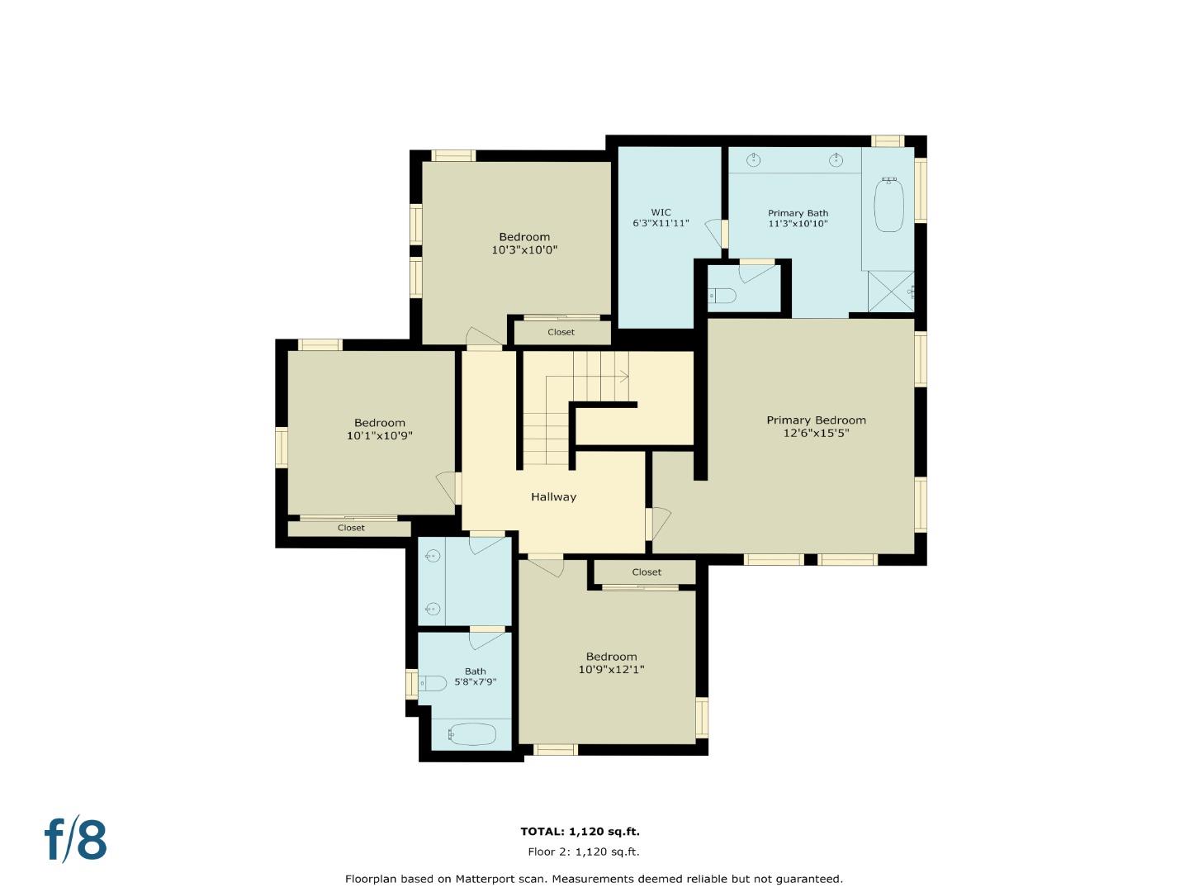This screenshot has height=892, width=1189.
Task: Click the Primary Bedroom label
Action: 816,420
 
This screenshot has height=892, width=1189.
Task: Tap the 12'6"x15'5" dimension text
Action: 816,433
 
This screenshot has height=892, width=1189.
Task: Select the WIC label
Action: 661,212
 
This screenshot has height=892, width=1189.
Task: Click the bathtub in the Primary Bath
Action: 889,204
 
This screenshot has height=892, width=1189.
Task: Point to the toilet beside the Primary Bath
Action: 724,295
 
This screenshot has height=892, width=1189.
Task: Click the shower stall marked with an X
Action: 890,291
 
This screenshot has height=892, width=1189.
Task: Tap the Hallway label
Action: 553,497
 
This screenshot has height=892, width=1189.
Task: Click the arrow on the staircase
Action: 623,377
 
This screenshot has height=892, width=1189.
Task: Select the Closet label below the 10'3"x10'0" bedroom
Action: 561,332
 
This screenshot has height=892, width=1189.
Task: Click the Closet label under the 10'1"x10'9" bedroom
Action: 351,528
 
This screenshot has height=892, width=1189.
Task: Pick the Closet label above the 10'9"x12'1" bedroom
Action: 647,572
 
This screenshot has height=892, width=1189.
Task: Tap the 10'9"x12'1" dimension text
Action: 611,670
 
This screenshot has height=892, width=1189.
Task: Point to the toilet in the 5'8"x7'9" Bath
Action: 433,683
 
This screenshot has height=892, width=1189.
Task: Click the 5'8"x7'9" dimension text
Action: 475,682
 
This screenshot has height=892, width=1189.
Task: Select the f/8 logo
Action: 76,839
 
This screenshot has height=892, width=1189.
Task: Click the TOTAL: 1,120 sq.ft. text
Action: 580,832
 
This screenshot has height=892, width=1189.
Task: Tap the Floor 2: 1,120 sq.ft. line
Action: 583,852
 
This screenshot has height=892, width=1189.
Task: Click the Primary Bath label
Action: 798,213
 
